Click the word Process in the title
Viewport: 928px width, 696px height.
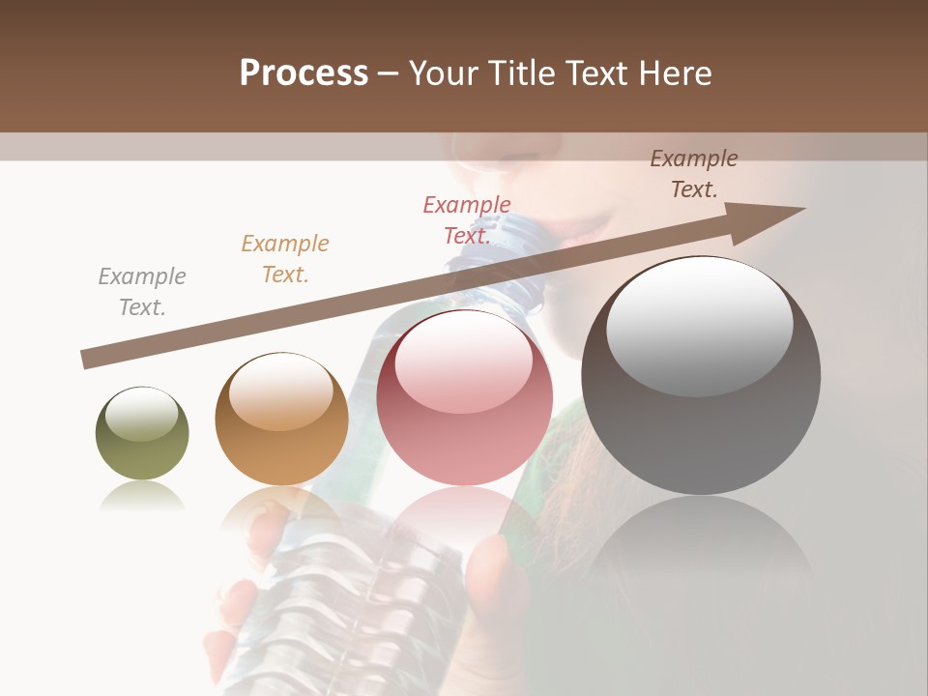(304, 73)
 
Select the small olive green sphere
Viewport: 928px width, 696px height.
(142, 434)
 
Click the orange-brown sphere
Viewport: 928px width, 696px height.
(281, 420)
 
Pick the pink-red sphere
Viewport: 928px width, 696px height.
(464, 398)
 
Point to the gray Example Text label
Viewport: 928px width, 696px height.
(142, 292)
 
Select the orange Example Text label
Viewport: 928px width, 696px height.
(285, 259)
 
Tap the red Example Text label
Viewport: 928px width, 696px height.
(467, 220)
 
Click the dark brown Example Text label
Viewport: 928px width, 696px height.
(694, 174)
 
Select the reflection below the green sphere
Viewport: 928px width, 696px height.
(142, 497)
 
